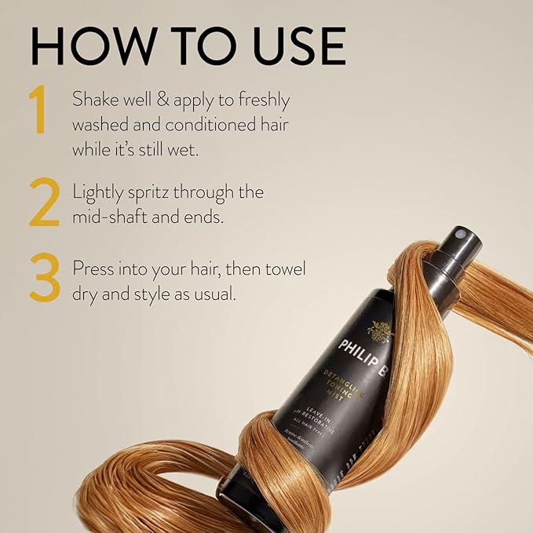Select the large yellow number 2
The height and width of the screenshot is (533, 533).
coord(44,203)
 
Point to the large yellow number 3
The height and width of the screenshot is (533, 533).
coord(45,279)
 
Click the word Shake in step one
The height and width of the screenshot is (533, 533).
coord(93,100)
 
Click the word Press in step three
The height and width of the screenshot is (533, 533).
coord(93,268)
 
